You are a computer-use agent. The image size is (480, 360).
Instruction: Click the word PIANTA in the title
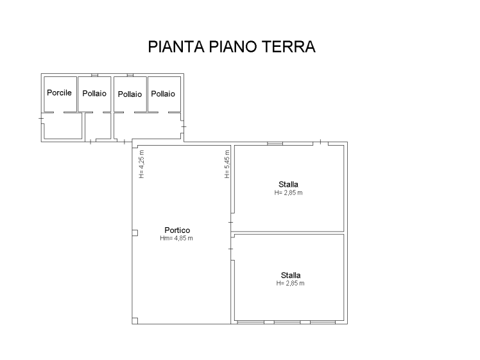point(176,47)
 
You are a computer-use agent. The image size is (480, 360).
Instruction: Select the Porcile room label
point(59,92)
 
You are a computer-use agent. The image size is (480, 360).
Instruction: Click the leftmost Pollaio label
point(94,93)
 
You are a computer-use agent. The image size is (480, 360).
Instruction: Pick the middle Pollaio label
point(130,94)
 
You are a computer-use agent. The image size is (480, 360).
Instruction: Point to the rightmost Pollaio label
point(163,94)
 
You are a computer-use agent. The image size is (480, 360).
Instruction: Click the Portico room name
point(177,230)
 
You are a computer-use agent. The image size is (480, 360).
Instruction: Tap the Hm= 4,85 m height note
point(176,238)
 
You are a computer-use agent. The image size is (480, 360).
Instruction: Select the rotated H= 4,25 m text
point(141,164)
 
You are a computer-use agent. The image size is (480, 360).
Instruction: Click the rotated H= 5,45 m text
point(227,164)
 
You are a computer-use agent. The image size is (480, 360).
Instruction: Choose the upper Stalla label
point(288,184)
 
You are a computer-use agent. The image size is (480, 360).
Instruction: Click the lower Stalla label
point(291,275)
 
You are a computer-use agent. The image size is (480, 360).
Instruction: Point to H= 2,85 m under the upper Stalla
point(288,193)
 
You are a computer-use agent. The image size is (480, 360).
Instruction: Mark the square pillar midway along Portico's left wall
point(135,233)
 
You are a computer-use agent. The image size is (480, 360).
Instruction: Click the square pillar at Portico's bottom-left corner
point(135,321)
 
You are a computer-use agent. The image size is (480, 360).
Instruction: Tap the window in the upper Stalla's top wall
point(275,143)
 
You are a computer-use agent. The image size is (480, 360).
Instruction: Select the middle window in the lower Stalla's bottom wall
point(287,322)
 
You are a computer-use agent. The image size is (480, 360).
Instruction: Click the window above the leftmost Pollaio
point(94,75)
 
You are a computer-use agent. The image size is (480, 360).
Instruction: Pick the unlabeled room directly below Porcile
point(63,126)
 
